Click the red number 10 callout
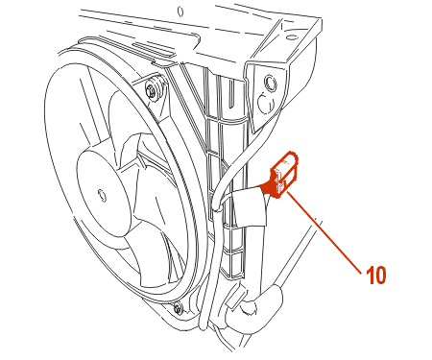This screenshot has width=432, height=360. [x=376, y=275]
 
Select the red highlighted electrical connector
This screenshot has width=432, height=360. [x=284, y=175]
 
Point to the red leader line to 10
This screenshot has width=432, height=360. [x=324, y=231]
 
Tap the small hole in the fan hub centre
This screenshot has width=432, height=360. [x=102, y=195]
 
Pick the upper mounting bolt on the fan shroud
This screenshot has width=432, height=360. [x=153, y=88]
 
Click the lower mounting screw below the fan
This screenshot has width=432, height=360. [x=178, y=308]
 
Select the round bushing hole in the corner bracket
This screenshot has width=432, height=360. [x=270, y=83]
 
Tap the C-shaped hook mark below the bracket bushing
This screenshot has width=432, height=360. [x=266, y=104]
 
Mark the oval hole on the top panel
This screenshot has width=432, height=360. [x=180, y=12]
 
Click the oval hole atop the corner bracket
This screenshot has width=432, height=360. [x=291, y=36]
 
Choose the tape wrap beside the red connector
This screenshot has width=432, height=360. [x=249, y=206]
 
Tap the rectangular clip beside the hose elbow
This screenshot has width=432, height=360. [x=236, y=298]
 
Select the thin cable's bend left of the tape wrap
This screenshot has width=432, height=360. [x=218, y=204]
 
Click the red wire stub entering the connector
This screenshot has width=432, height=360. [x=266, y=186]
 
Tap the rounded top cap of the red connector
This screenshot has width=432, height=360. [x=290, y=157]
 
